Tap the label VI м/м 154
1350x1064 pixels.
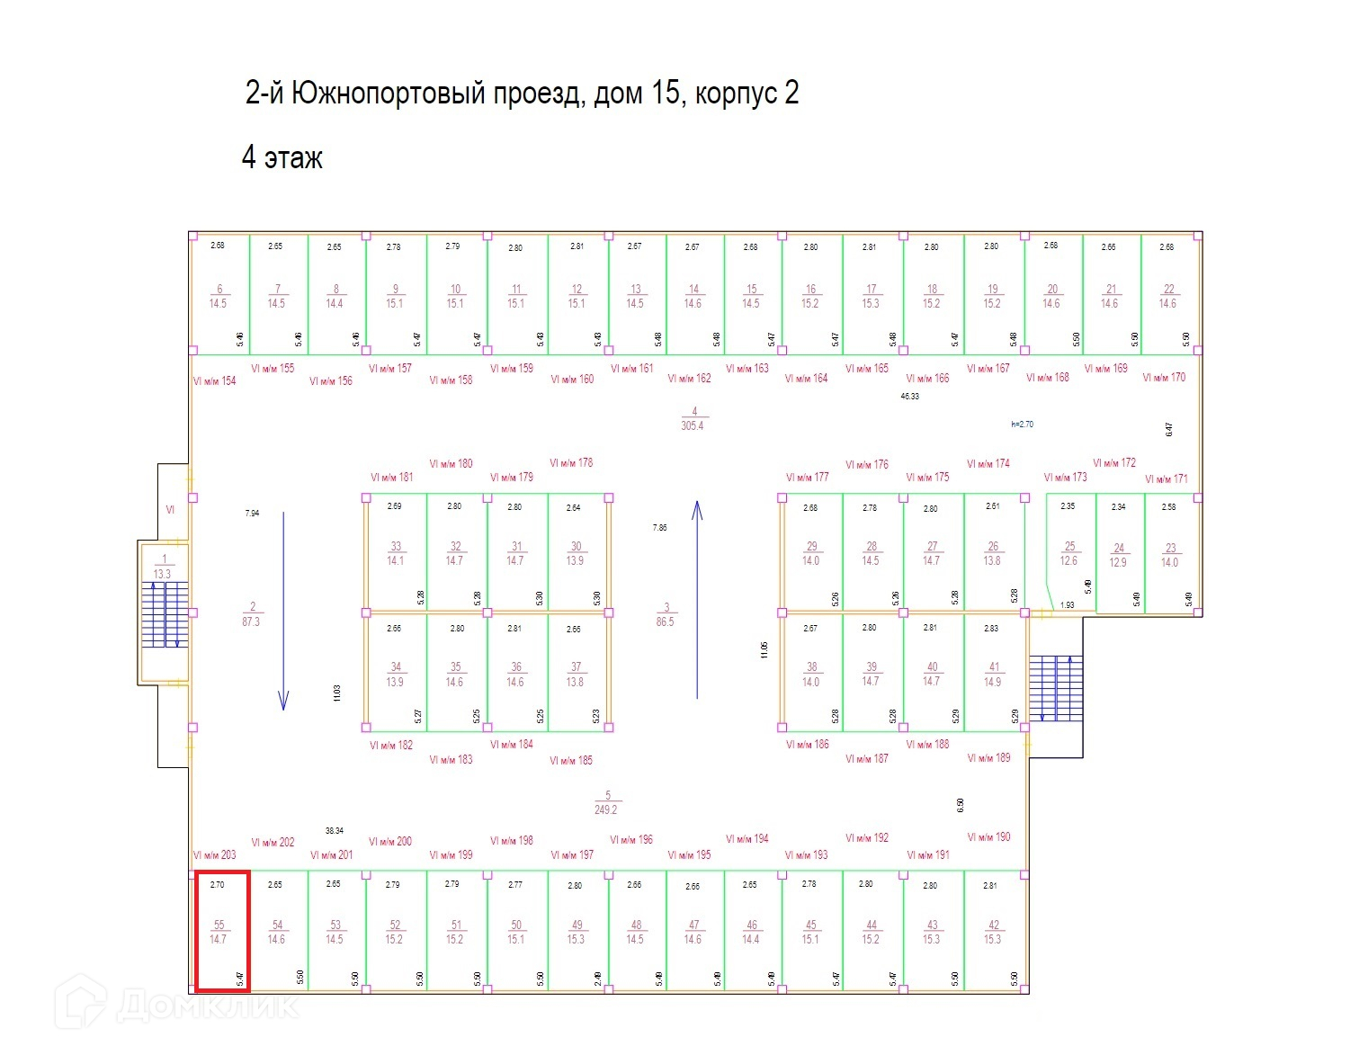214,381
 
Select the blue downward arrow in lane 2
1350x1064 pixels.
283,612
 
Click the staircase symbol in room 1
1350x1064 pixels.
165,615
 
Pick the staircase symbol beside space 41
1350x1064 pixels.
1056,688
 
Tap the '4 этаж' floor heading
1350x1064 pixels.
282,158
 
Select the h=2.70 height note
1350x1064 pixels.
1022,425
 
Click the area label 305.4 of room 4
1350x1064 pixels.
693,425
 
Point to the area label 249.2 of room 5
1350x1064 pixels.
606,809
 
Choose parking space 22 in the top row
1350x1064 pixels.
1168,296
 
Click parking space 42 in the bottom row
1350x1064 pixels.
993,932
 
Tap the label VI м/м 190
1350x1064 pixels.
988,837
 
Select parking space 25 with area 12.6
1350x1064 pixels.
1069,553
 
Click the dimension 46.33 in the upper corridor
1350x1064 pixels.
910,397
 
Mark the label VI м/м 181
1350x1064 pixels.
392,478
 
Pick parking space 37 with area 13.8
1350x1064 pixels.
576,675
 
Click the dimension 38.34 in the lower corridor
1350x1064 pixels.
335,831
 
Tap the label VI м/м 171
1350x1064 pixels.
1166,479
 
